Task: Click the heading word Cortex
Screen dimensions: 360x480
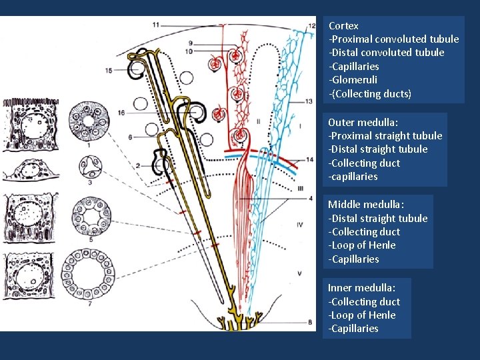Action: (x=343, y=26)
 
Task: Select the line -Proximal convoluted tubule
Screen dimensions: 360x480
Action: (x=393, y=39)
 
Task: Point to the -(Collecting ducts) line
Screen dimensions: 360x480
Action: (x=369, y=94)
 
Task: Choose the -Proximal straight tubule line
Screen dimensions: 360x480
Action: (x=385, y=136)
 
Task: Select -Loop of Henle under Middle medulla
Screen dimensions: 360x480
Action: (x=361, y=245)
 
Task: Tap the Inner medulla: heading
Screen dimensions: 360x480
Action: (x=361, y=288)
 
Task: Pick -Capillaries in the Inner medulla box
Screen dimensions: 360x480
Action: (x=353, y=329)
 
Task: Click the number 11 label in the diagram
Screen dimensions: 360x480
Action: (x=155, y=25)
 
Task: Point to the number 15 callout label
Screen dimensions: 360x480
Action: (x=109, y=71)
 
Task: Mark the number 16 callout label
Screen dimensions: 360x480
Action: (x=121, y=113)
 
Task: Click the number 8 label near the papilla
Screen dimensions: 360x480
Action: (x=311, y=323)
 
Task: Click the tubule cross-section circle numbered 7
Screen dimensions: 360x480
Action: (x=89, y=275)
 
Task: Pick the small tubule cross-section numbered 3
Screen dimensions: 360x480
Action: (x=89, y=165)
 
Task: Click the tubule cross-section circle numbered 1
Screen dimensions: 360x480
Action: (x=89, y=119)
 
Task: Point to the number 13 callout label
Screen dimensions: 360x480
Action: (x=309, y=101)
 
